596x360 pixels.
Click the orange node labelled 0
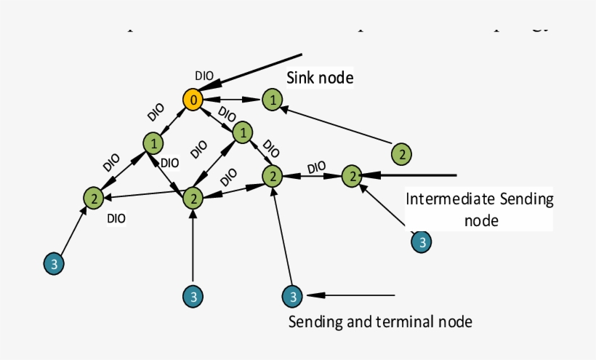[192, 100]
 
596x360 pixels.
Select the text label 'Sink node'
[320, 78]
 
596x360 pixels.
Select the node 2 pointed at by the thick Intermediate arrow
[352, 175]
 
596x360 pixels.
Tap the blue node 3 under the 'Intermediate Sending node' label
[422, 241]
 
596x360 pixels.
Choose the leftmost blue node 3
[53, 263]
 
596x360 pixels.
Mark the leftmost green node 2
[93, 197]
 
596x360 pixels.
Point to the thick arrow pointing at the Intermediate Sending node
[411, 175]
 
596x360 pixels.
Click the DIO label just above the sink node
[205, 75]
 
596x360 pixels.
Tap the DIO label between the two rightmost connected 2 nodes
[315, 167]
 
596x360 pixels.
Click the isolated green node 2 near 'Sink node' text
[401, 153]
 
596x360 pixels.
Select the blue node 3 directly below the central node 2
[193, 296]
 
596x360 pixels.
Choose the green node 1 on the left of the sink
[153, 143]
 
